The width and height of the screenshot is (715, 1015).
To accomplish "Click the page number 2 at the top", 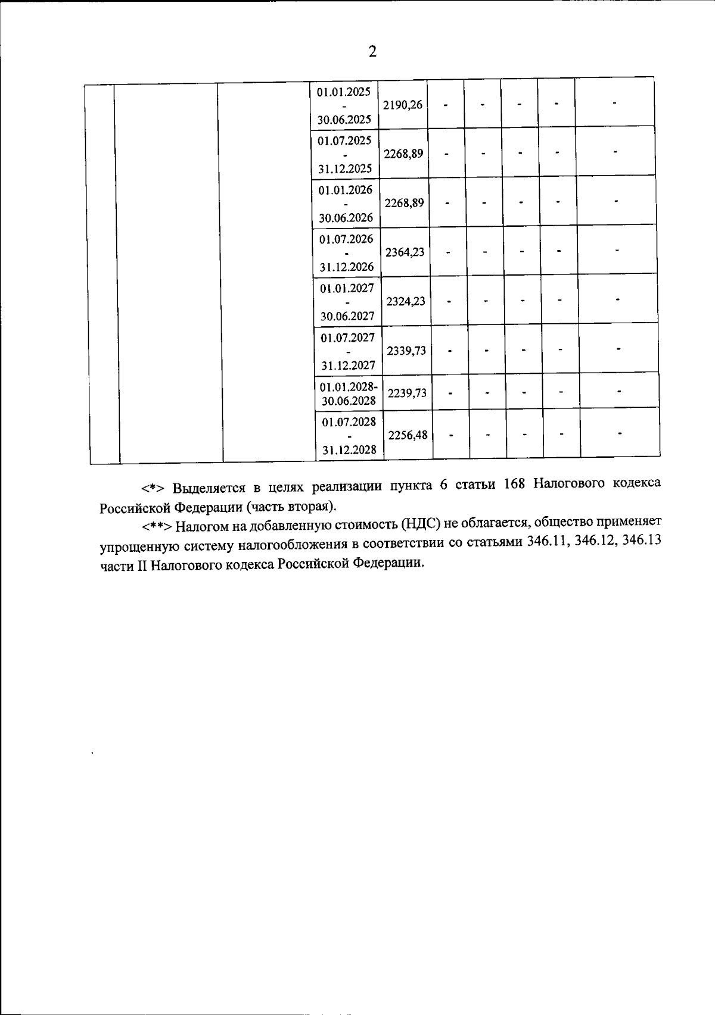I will point(372,52).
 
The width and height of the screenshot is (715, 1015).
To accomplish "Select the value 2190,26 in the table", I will point(403,105).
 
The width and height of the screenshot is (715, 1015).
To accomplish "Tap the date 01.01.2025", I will point(344,92).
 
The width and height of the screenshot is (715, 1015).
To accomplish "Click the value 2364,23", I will point(405,252).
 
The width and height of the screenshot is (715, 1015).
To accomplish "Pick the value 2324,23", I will point(406,301).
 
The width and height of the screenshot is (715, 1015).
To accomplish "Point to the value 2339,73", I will point(406,351).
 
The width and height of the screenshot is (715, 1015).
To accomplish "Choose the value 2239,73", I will point(407,393).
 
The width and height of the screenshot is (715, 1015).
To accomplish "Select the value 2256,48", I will point(408,435).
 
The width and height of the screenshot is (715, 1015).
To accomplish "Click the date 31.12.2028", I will point(349,450).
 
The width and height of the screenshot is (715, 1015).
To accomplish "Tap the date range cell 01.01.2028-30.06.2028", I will point(349,393).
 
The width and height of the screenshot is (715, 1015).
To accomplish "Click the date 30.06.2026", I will point(346,217).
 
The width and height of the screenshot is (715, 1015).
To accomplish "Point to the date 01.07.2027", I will point(347,338).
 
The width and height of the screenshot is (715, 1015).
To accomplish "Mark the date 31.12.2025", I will point(345,168).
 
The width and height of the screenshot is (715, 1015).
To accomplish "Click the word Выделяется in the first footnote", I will point(209,488).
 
